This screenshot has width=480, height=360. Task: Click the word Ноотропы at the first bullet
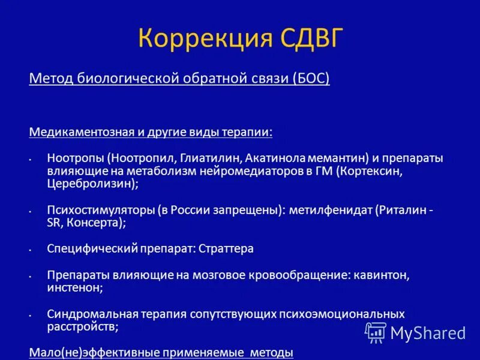pos(76,158)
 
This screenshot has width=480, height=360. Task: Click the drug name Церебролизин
pos(91,185)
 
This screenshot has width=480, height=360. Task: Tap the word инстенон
pos(73,288)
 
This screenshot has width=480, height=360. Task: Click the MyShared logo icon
pos(376,332)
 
